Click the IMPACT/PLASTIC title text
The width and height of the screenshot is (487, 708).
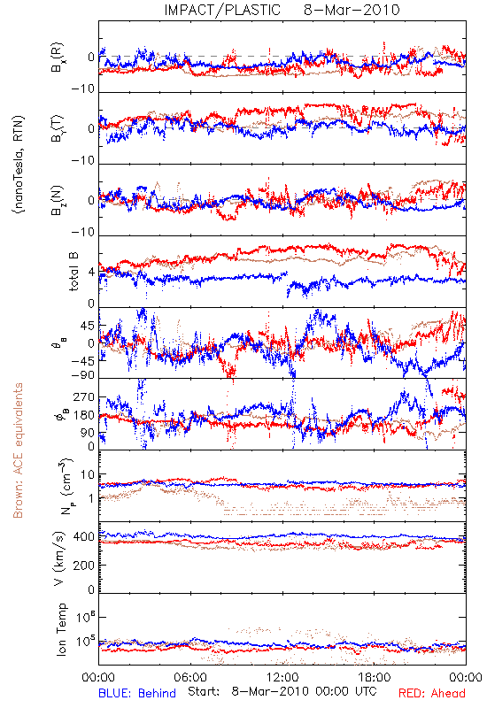222,10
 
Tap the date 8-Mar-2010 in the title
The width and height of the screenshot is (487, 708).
352,10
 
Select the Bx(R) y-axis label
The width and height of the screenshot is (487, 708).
58,58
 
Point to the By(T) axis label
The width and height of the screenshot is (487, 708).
58,128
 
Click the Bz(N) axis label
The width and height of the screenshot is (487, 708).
58,200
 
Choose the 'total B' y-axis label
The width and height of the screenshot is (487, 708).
73,272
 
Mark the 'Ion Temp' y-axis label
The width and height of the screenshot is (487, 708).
61,629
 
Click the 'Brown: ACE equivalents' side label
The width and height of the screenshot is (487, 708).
18,450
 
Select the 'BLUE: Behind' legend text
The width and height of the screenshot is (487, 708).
137,693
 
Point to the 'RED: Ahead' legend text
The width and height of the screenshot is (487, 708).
431,693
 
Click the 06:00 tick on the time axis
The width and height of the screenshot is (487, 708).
190,677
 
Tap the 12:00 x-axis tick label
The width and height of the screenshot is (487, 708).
282,677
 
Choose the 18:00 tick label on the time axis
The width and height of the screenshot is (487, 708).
375,677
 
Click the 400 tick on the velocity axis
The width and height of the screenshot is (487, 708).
84,536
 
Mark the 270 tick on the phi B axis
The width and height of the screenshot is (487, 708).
84,397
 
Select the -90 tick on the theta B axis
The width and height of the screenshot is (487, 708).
83,375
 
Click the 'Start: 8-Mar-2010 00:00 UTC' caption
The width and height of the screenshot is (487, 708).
282,691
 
